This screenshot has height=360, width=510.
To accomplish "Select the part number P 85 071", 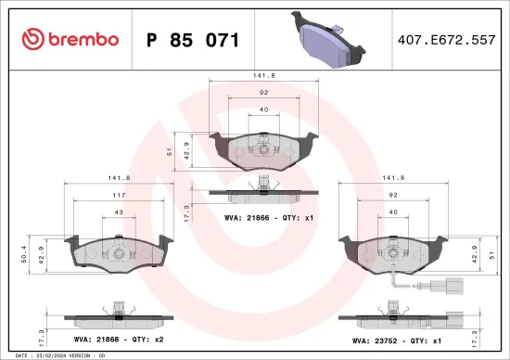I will (193, 40).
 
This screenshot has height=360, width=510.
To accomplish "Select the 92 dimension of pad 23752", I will (394, 194).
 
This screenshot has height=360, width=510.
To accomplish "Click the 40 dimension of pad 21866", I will (265, 110).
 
